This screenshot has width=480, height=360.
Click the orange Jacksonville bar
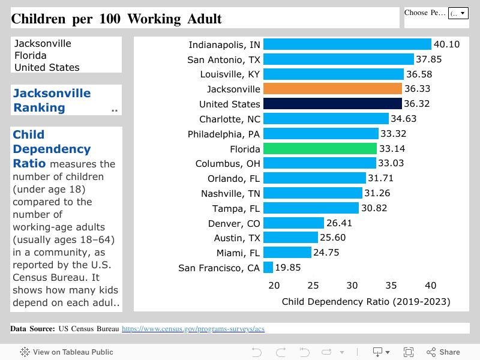[332, 89]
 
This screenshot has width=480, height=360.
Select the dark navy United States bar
[332, 104]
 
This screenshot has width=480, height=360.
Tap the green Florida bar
[320, 148]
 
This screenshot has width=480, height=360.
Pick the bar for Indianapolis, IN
[347, 44]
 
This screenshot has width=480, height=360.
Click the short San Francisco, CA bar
[268, 268]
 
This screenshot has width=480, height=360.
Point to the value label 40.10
[446, 44]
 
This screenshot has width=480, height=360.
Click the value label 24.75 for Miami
[326, 253]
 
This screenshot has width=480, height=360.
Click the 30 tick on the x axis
[352, 286]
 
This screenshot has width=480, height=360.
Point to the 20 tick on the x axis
[274, 286]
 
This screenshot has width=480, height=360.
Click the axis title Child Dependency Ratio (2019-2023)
[365, 301]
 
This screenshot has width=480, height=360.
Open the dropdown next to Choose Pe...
[458, 13]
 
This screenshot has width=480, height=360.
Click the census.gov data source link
[193, 329]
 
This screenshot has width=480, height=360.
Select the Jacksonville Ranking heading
[52, 100]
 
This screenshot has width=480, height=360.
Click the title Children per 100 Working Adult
[116, 19]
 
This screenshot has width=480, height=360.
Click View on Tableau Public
[67, 352]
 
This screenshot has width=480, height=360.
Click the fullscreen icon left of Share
[409, 352]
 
